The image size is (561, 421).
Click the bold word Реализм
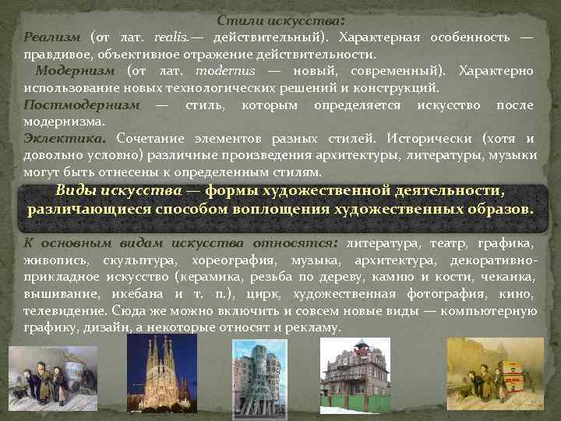[x=51, y=37]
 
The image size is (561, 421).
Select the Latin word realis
[x=171, y=37]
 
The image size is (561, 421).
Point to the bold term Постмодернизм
[x=82, y=105]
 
